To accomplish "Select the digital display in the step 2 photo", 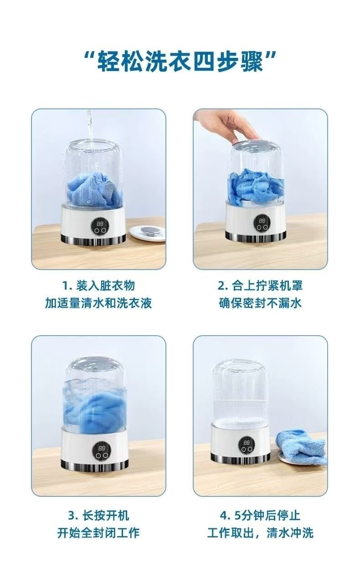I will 262,221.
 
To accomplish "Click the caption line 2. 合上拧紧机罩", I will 260,286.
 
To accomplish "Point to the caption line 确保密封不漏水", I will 260,303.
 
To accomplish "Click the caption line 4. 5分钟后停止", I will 260,516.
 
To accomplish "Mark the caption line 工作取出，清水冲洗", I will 260,533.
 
